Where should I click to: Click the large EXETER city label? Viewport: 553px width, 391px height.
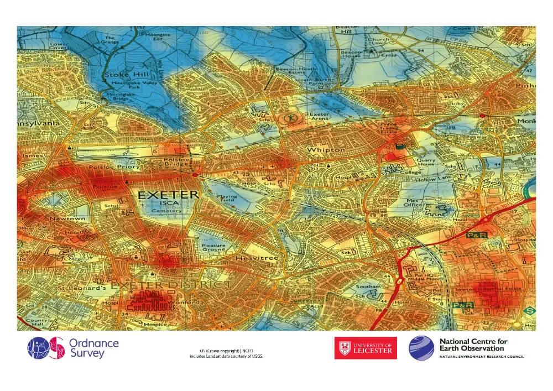point(168,195)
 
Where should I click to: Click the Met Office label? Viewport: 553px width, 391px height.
point(413,203)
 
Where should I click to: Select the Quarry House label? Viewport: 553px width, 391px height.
point(426,161)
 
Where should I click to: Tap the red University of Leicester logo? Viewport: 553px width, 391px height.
point(365,348)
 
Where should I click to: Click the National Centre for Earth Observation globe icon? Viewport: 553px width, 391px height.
point(421,348)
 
